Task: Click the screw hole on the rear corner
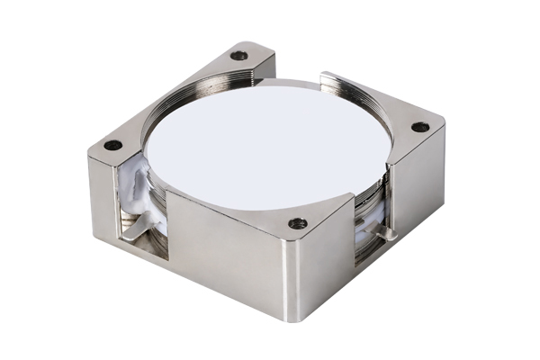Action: pyautogui.click(x=238, y=56)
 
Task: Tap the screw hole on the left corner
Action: pyautogui.click(x=112, y=145)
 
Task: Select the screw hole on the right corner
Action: pyautogui.click(x=420, y=127)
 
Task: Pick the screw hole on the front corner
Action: pyautogui.click(x=297, y=223)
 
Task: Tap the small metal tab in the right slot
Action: pyautogui.click(x=387, y=236)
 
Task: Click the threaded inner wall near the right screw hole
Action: pyautogui.click(x=355, y=94)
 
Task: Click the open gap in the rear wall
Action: pyautogui.click(x=297, y=76)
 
